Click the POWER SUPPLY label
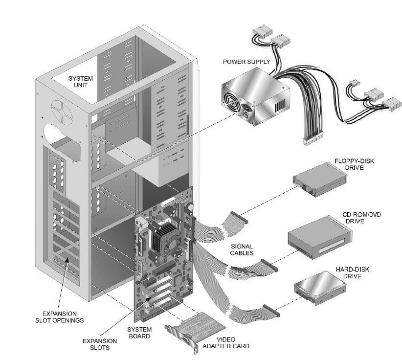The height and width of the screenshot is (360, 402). tap(246, 62)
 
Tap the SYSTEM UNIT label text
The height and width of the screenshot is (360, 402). tap(81, 82)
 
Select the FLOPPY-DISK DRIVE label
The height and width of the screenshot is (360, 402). tap(354, 164)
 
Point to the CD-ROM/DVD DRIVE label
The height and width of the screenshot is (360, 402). tap(361, 218)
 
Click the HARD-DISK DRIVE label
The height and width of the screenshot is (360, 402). tap(353, 272)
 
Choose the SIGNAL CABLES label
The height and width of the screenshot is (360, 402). tap(242, 250)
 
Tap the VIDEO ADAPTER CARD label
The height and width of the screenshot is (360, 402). tap(226, 343)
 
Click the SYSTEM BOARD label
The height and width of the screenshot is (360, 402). tap(139, 333)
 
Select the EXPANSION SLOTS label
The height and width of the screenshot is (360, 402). tap(100, 344)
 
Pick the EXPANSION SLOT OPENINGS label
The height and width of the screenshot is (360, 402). tap(60, 317)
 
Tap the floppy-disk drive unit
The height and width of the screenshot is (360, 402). tap(320, 180)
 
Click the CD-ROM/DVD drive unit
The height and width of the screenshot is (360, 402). tap(320, 237)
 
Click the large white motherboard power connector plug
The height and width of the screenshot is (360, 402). tap(313, 139)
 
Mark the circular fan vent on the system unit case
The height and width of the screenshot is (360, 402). tap(62, 112)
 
